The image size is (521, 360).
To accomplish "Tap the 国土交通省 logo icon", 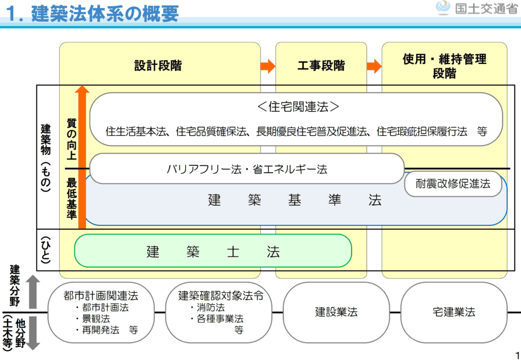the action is click(444, 8).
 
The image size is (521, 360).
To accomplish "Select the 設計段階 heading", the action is click(158, 66).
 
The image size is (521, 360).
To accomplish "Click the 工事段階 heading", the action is click(321, 66).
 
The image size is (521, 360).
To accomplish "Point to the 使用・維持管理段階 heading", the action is click(444, 66).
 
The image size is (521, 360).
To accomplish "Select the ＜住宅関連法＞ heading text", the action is click(298, 107).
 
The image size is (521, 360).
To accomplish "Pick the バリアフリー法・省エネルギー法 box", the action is click(247, 169).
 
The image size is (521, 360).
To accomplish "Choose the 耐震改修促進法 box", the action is click(453, 184).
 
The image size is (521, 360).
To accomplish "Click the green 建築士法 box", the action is click(213, 251).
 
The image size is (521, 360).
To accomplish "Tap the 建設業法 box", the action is click(336, 312).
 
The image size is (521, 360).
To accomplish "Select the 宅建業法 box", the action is click(454, 312).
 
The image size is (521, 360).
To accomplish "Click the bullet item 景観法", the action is click(96, 319).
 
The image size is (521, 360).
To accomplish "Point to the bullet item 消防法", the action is click(211, 308).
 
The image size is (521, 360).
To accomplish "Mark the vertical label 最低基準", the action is click(71, 199).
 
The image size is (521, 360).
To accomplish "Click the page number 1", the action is click(517, 355).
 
